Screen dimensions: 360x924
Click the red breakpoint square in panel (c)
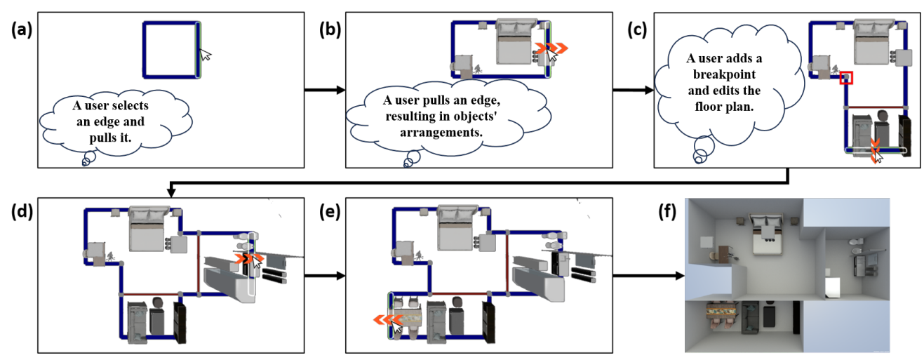(x=847, y=77)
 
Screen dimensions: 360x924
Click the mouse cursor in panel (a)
(x=205, y=56)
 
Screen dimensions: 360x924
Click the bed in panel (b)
(x=516, y=41)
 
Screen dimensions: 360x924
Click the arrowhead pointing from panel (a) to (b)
(x=342, y=91)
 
